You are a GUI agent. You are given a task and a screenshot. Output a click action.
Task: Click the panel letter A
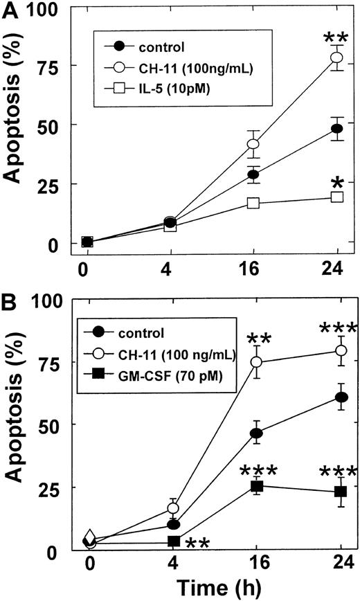pos(11,8)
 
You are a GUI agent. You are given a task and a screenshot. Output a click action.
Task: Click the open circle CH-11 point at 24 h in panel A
pos(336,57)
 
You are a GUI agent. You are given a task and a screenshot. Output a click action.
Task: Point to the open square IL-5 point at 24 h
pos(336,197)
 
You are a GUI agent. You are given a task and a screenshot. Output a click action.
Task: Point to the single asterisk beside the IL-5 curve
pos(338,183)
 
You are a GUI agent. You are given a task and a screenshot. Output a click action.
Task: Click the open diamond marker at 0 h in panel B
pos(89,538)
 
